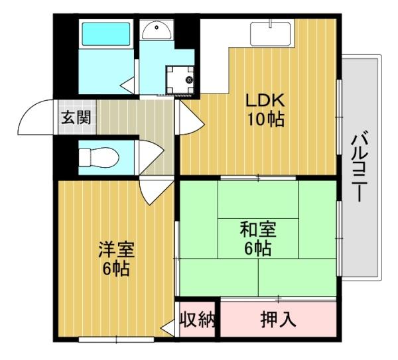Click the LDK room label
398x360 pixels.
click(265, 101)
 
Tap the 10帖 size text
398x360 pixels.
click(265, 120)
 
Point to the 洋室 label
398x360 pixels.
click(116, 250)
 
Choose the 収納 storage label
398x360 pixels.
click(198, 320)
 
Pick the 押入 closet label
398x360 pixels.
click(277, 320)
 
